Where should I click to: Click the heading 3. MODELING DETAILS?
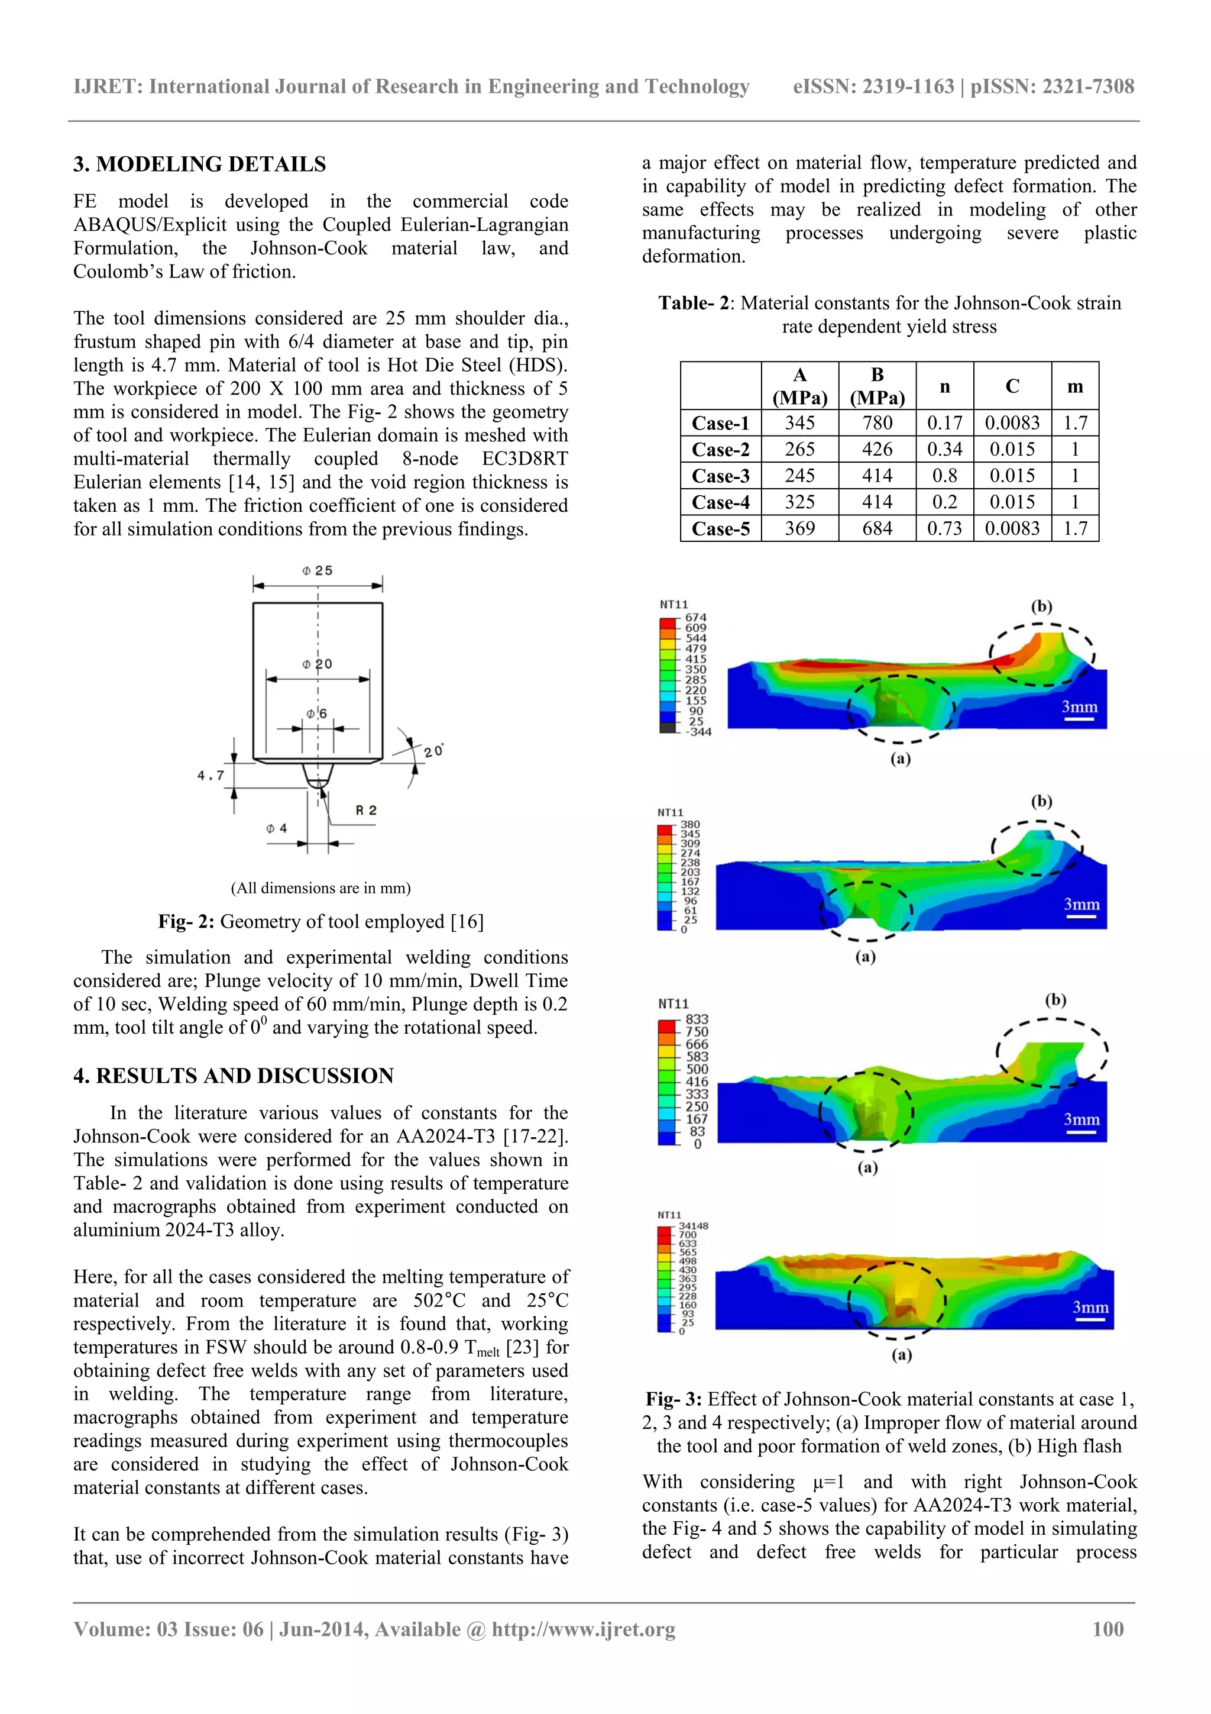(199, 164)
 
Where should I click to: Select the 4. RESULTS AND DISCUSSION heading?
(233, 1076)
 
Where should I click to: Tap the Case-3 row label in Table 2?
(720, 476)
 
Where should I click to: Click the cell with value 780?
(877, 423)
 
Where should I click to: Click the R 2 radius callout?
(365, 810)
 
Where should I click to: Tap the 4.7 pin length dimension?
(211, 776)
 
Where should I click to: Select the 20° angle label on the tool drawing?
(433, 750)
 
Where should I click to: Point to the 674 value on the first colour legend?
(695, 617)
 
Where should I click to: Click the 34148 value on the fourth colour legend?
(692, 1226)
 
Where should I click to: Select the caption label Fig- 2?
(186, 922)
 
